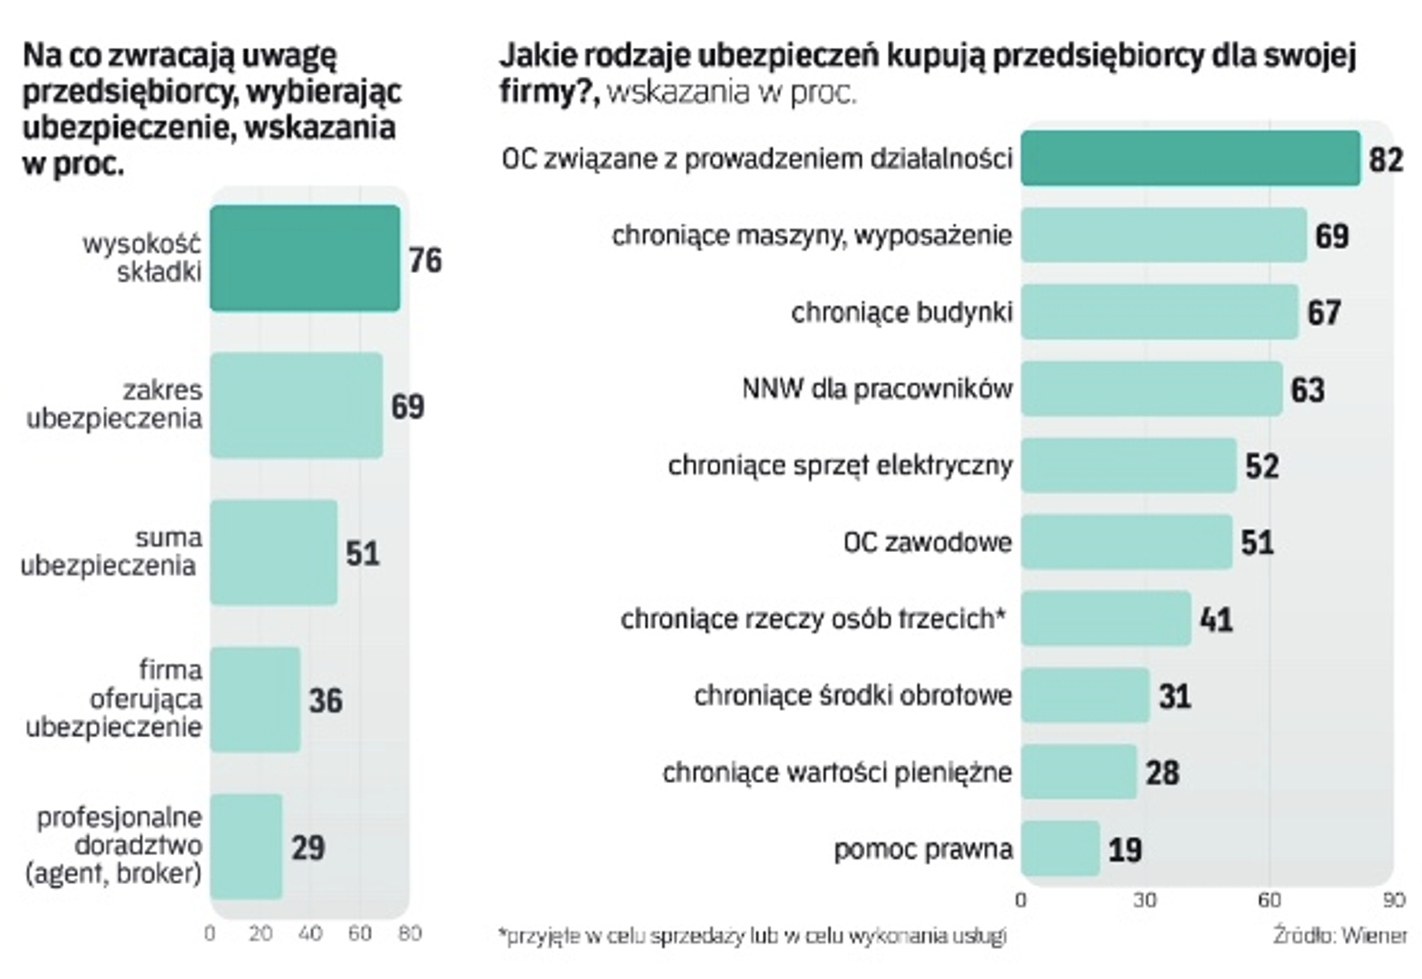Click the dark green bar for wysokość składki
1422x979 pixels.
tap(305, 258)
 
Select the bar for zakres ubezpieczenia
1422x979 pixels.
tap(296, 405)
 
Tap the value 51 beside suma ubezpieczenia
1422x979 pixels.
tap(363, 553)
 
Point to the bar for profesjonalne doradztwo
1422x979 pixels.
tap(246, 847)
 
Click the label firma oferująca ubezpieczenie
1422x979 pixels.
tap(114, 699)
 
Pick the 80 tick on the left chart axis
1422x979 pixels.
tap(410, 934)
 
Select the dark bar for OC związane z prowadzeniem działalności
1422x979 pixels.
tap(1190, 159)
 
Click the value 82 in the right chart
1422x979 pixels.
tap(1386, 160)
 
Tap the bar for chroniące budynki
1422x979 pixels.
tap(1159, 312)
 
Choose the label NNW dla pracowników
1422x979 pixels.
tap(876, 389)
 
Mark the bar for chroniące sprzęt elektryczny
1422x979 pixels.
tap(1128, 465)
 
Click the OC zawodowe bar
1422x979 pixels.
tap(1126, 542)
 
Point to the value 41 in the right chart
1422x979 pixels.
tap(1216, 619)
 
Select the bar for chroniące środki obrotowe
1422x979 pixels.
tap(1085, 695)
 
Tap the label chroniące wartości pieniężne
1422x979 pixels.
tap(836, 772)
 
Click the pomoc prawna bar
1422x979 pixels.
tap(1060, 848)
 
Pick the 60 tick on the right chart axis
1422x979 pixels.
tap(1269, 900)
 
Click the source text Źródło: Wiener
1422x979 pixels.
tap(1339, 935)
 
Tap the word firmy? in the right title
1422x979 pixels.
tap(549, 92)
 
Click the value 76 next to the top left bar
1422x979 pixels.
tap(425, 260)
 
